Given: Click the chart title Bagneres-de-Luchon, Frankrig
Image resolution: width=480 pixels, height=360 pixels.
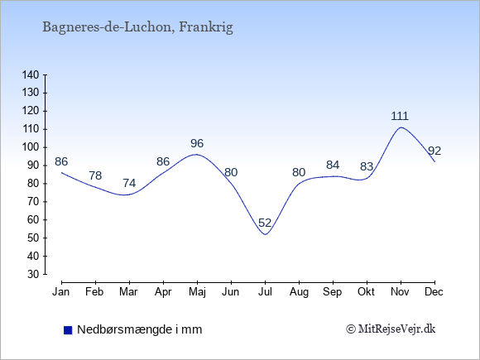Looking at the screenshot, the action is tap(137, 27).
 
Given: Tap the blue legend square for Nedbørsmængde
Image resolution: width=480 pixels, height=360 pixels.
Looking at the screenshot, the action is tap(68, 330).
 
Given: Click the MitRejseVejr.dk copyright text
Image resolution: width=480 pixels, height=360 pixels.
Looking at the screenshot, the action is tap(391, 329).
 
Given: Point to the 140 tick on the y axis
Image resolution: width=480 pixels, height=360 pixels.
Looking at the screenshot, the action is tap(31, 75).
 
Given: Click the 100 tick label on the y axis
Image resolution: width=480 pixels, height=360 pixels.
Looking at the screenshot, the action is tap(31, 147).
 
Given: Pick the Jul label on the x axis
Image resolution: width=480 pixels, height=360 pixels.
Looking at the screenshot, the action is tap(265, 292).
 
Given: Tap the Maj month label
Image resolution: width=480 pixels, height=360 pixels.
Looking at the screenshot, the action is tap(197, 292).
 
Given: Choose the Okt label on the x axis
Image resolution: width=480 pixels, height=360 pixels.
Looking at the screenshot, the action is tap(366, 292).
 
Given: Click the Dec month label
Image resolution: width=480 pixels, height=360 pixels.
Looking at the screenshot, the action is tap(434, 292).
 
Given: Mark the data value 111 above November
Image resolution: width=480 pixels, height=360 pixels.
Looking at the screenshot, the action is tap(400, 116).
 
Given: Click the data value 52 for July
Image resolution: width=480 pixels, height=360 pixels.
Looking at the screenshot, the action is tap(265, 223).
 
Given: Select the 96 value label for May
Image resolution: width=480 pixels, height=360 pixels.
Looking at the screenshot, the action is tap(197, 143).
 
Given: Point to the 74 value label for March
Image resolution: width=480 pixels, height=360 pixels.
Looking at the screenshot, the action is tap(129, 183).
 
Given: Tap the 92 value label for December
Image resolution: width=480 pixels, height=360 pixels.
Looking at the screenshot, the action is tap(434, 151).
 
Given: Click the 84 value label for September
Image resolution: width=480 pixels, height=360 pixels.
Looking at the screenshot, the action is tap(333, 165).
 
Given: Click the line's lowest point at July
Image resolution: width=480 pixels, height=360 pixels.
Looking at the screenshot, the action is tap(265, 235).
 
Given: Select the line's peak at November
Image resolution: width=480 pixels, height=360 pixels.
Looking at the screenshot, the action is tap(401, 127).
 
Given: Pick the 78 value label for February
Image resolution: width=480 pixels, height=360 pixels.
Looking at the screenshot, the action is tap(95, 175).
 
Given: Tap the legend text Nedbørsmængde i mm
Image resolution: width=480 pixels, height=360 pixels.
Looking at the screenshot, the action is tap(140, 329).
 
